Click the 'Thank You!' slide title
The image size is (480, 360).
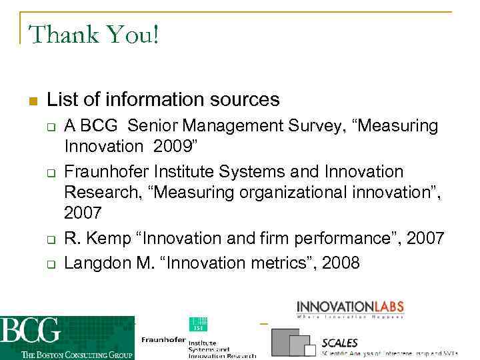[x=94, y=34]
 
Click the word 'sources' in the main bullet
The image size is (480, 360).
[x=243, y=100]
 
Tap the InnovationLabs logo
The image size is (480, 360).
[x=350, y=308]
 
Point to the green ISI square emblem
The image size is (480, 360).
[x=197, y=325]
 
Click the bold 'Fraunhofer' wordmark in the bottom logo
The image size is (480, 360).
[x=163, y=340]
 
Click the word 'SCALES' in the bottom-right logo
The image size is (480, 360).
[x=339, y=343]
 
